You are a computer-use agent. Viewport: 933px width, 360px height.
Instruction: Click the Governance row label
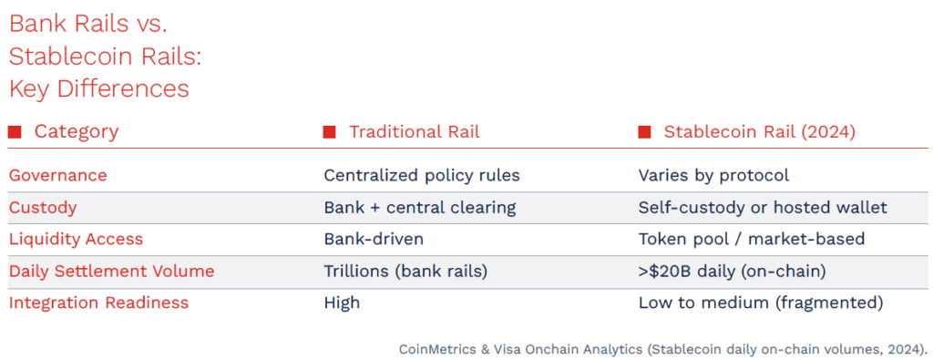pos(57,176)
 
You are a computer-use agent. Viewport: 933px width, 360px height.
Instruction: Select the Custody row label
pos(43,208)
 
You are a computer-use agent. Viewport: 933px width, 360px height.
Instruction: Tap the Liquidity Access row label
pos(77,239)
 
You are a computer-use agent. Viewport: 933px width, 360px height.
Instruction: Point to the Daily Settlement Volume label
pos(111,272)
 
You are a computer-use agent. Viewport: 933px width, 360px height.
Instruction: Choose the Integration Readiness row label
pos(98,303)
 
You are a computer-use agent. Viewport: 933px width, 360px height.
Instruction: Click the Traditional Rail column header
pos(415,131)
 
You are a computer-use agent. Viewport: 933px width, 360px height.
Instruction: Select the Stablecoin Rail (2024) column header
pos(760,131)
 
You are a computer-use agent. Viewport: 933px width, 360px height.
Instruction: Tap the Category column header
pos(77,131)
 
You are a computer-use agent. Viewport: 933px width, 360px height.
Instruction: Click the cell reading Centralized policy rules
pos(422,176)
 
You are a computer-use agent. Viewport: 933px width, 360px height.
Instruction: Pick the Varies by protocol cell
pos(714,176)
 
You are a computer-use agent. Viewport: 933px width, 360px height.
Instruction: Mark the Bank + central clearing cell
pos(419,208)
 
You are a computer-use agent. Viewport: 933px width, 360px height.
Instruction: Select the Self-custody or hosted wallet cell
pos(763,208)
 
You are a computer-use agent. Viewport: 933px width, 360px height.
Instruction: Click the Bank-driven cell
pos(374,239)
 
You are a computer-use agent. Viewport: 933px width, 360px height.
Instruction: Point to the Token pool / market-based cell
pos(752,239)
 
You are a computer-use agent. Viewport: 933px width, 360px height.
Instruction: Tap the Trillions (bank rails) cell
pos(405,272)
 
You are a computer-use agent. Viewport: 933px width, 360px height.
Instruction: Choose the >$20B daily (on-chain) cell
pos(732,272)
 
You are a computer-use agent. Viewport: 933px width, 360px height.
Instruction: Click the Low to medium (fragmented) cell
pos(761,303)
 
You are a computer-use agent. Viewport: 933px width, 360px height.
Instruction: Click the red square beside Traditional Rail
pos(329,132)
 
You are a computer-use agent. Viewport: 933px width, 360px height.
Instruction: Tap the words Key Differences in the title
pos(99,89)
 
